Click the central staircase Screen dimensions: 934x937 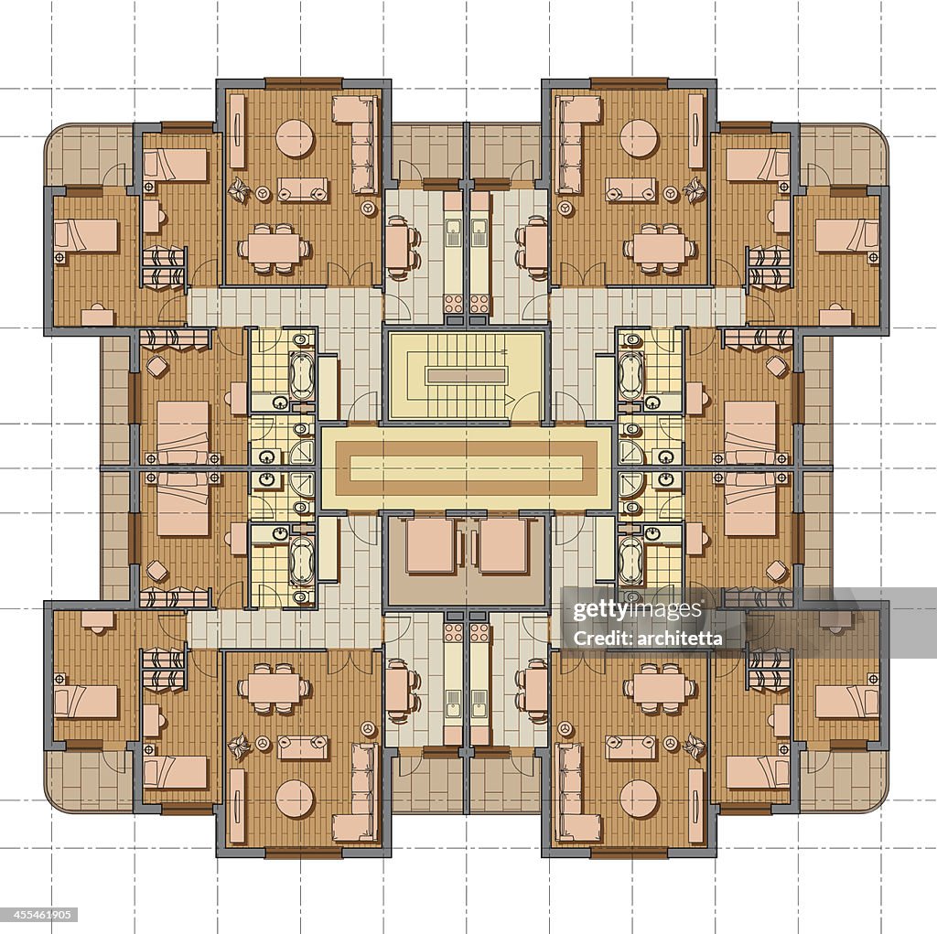(x=466, y=375)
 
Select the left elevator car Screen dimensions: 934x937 (x=430, y=546)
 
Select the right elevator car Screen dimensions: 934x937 (x=503, y=546)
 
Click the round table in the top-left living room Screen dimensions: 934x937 (x=295, y=138)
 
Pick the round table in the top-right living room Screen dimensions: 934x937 (x=639, y=138)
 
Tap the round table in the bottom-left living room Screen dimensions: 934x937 (x=295, y=799)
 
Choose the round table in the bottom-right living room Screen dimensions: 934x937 (x=639, y=799)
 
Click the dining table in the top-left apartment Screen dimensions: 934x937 (x=274, y=248)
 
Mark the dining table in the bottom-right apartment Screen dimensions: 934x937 (x=660, y=688)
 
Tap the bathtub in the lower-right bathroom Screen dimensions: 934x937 (x=631, y=560)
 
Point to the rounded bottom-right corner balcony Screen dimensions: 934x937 (x=846, y=782)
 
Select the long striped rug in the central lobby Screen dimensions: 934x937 (x=466, y=467)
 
